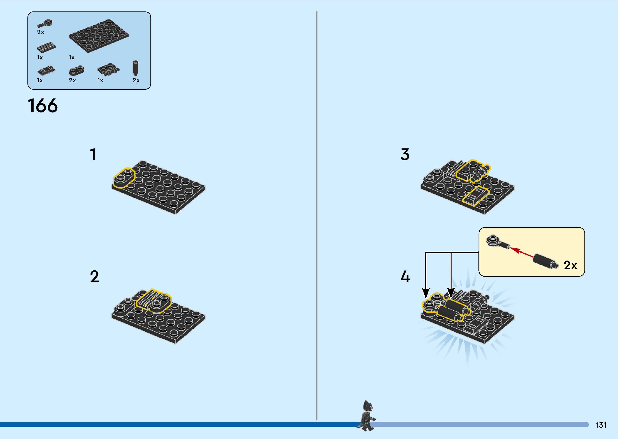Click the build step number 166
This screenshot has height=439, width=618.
click(x=43, y=106)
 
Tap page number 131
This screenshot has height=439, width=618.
click(x=601, y=425)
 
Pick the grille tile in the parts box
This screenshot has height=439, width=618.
click(x=46, y=48)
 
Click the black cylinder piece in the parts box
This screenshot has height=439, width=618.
click(x=136, y=67)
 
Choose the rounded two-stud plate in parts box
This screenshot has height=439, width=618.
click(x=76, y=70)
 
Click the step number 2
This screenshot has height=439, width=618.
click(x=94, y=277)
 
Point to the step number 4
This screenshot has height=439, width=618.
click(x=405, y=277)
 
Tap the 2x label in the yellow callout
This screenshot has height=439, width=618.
click(x=570, y=265)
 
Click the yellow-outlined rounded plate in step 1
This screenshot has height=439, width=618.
click(x=124, y=178)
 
